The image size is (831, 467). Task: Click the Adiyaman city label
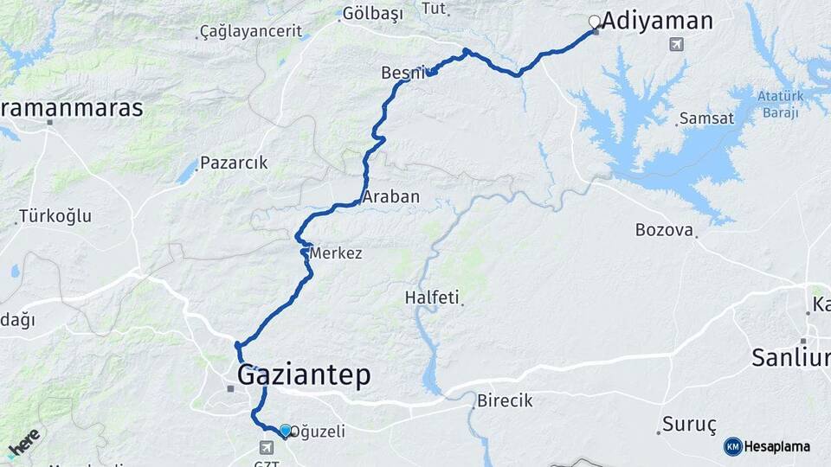(x=657, y=22)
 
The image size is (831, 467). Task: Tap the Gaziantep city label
(x=303, y=374)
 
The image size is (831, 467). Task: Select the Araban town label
(x=391, y=197)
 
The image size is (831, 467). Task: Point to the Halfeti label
(x=431, y=297)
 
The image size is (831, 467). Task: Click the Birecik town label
(x=505, y=401)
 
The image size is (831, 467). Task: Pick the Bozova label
(x=664, y=230)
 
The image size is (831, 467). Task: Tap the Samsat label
(x=706, y=118)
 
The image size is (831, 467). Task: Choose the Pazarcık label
(x=234, y=163)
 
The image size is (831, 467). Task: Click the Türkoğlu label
(x=55, y=216)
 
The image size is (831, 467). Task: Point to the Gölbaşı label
(x=372, y=13)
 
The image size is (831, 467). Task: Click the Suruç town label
(x=690, y=425)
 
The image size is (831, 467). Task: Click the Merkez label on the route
(x=335, y=253)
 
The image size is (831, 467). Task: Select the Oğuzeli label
(x=317, y=431)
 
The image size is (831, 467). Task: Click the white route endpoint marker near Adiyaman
(x=594, y=22)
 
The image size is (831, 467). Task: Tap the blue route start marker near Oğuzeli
(x=285, y=430)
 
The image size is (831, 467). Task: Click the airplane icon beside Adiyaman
(x=675, y=44)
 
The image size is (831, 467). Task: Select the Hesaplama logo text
(x=776, y=447)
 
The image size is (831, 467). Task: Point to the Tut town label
(x=433, y=9)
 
